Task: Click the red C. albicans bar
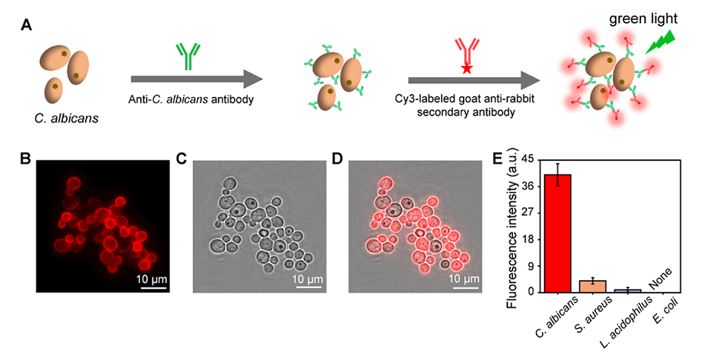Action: point(557,233)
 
